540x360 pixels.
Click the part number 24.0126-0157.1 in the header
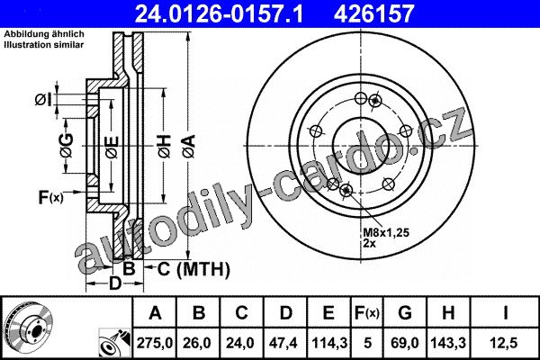[219, 13]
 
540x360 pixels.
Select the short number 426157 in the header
[373, 13]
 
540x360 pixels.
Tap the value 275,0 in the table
[154, 343]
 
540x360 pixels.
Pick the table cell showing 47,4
[285, 343]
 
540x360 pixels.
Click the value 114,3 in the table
[329, 343]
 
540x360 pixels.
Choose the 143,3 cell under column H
[448, 343]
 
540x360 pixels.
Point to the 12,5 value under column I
[505, 343]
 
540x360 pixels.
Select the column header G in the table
[405, 313]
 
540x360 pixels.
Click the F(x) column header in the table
[367, 313]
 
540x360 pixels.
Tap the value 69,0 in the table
[405, 343]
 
